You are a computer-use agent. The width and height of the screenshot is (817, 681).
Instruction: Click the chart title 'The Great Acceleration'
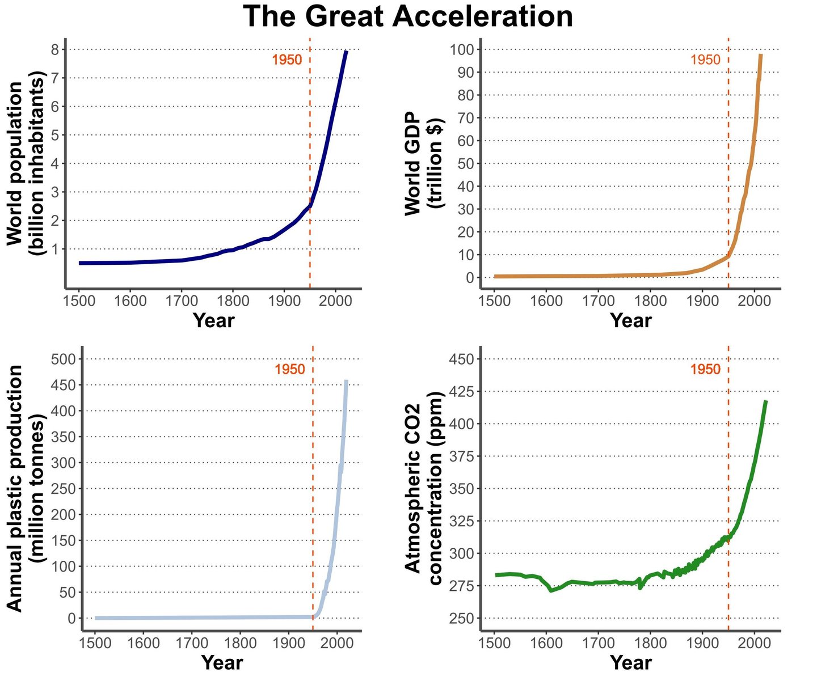click(408, 17)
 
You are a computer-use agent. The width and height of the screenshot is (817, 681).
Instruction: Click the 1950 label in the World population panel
click(287, 60)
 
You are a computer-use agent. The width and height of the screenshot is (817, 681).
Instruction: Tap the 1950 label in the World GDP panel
click(705, 60)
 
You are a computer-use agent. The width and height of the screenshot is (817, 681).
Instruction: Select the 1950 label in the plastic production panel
click(289, 369)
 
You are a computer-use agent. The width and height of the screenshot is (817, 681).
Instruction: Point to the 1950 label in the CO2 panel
click(705, 369)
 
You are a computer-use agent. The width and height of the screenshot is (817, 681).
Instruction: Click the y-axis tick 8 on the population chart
click(55, 50)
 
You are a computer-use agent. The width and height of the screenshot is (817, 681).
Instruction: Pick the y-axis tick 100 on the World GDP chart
click(462, 49)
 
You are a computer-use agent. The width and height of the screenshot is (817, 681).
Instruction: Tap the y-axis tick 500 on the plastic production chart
click(64, 359)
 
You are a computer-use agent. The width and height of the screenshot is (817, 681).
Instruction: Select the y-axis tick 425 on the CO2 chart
click(462, 391)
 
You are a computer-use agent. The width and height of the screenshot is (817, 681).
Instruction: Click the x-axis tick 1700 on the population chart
click(182, 300)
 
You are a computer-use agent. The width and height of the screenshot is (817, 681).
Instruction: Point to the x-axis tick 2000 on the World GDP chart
click(754, 300)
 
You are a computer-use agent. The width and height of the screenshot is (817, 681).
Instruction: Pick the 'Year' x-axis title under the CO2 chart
click(631, 662)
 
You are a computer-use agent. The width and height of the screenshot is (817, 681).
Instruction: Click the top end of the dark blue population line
click(346, 52)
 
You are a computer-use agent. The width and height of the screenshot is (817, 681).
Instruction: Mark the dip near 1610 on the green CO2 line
click(551, 590)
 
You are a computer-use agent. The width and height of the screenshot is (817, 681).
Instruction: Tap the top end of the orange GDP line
click(760, 55)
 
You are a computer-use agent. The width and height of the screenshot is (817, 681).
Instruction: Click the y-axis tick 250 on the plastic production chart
click(64, 488)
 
